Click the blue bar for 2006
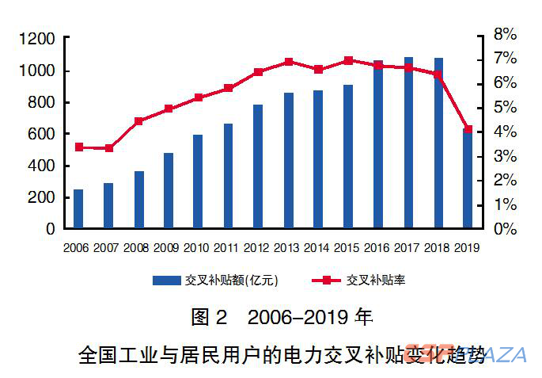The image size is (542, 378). (x=78, y=209)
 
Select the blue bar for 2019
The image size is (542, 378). (x=468, y=178)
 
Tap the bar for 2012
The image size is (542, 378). (x=258, y=166)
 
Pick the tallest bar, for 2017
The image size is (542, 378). (x=409, y=143)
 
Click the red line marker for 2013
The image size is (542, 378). (x=289, y=62)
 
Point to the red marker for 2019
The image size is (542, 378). (x=468, y=129)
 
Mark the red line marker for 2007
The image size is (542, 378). (x=108, y=148)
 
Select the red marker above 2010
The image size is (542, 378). (x=198, y=97)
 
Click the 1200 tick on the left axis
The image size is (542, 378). (x=37, y=38)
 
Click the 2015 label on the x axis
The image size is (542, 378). (x=347, y=248)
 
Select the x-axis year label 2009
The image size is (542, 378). (x=167, y=248)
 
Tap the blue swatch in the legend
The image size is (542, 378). (x=167, y=280)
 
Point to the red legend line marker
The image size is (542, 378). (x=324, y=280)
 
